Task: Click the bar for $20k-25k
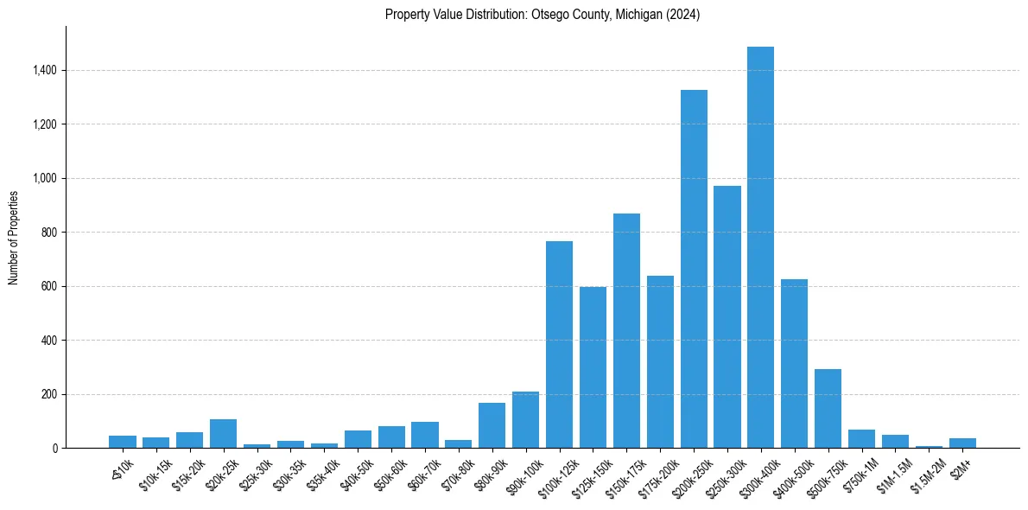(223, 433)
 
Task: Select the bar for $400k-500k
(794, 363)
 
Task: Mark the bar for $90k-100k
(525, 419)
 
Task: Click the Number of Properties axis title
(14, 237)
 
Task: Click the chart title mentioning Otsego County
(543, 15)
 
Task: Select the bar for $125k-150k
(593, 367)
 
